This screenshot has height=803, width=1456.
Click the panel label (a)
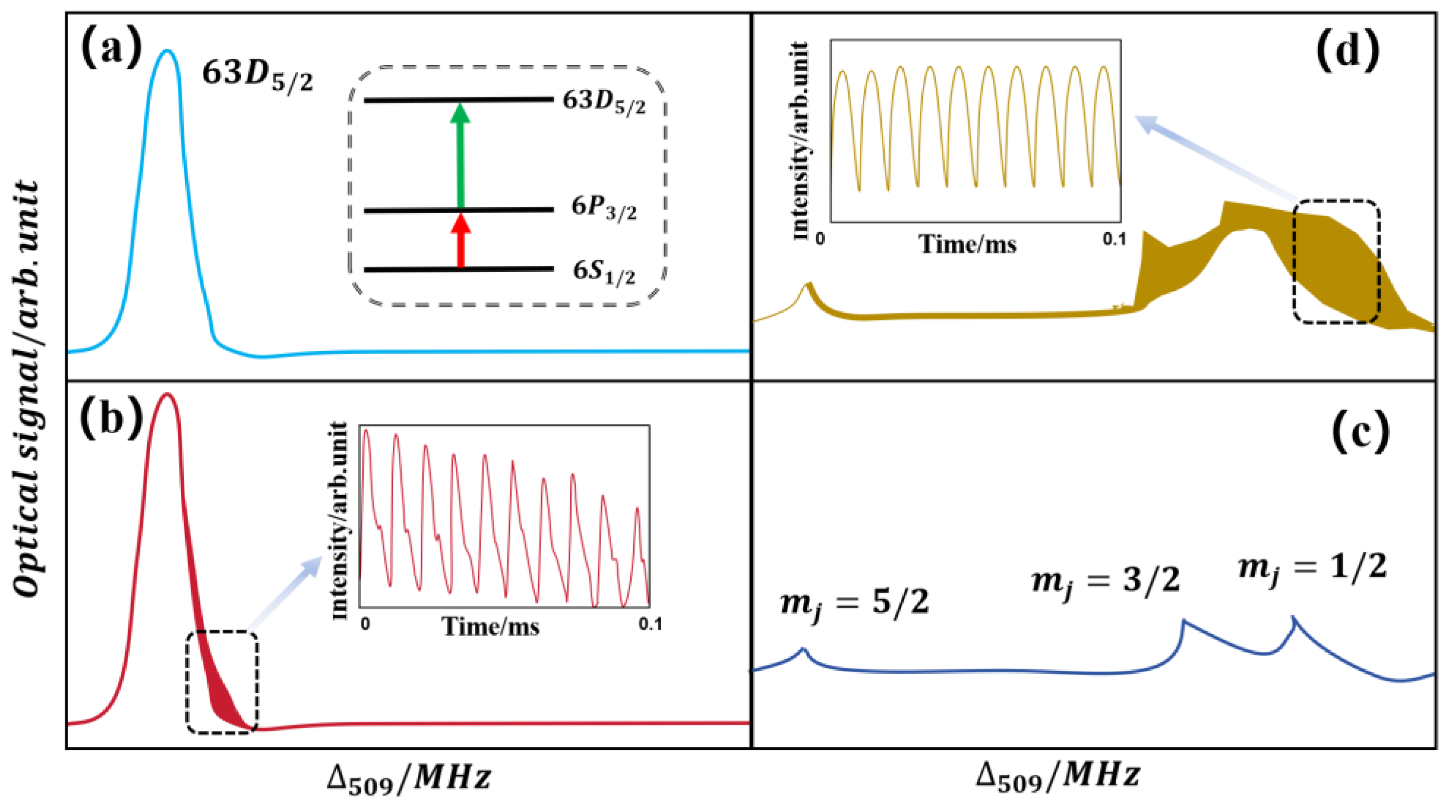point(111,50)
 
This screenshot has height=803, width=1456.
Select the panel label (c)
point(1360,434)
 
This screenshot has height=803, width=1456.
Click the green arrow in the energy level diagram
point(461,156)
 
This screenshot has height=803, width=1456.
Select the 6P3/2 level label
point(603,209)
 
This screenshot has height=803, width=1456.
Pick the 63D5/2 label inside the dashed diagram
point(603,103)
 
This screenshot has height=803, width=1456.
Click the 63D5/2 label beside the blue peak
point(257,75)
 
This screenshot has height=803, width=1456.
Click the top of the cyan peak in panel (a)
point(167,51)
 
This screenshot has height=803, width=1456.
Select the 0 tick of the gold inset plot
point(820,238)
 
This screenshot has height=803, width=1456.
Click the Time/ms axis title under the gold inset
point(968,244)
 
